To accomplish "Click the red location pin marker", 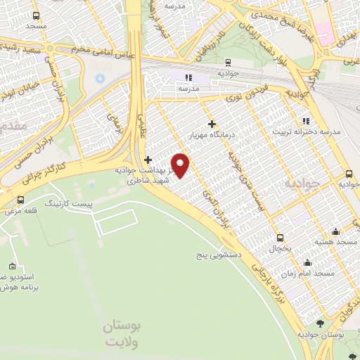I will click(181, 165).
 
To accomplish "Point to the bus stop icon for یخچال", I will click(281, 238).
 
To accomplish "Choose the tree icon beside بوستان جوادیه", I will click(320, 324).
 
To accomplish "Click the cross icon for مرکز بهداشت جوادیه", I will click(148, 159).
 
